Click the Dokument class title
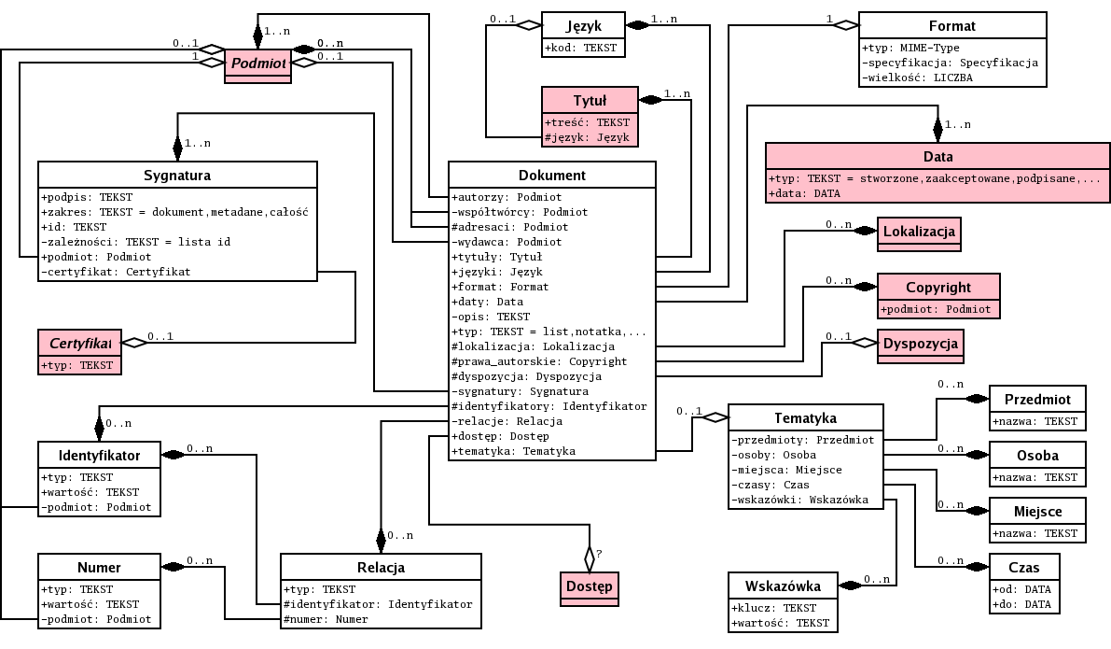point(551,175)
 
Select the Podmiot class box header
point(257,63)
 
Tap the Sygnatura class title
point(177,175)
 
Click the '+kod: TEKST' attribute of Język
point(579,48)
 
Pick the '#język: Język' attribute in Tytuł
point(587,137)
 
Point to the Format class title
point(951,26)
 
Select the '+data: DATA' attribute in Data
point(804,193)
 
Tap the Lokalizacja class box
point(919,232)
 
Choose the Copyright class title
point(938,287)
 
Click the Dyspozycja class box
point(920,344)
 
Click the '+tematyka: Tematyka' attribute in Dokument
point(513,451)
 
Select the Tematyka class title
point(805,417)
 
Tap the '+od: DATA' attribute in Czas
point(1022,589)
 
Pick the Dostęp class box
point(590,586)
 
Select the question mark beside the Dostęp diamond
point(599,554)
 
